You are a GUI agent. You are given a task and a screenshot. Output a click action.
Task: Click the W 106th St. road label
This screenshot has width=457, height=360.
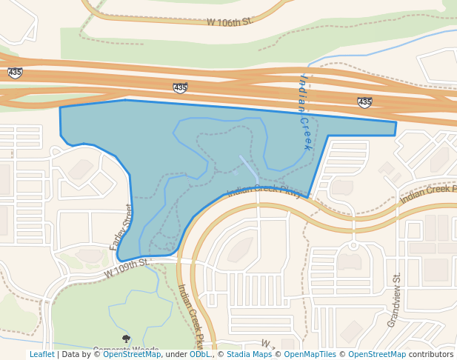[x=230, y=21]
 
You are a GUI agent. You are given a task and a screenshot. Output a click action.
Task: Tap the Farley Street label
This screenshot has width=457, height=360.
[x=121, y=227]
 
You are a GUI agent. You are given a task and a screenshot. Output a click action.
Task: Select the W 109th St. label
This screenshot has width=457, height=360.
[x=127, y=267]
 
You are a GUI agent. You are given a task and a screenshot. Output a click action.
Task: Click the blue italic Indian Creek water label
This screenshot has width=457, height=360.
[x=304, y=112]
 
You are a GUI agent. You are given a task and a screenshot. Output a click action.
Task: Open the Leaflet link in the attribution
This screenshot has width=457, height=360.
[x=41, y=355]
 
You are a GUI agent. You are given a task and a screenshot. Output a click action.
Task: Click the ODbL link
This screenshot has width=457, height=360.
[x=200, y=355]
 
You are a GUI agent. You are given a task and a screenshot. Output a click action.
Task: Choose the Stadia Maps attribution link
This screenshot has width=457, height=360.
[x=249, y=355]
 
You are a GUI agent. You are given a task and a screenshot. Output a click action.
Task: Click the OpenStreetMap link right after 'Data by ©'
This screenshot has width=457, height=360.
[x=132, y=355]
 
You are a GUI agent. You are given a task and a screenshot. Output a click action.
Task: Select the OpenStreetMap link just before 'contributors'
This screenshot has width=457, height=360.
[x=377, y=355]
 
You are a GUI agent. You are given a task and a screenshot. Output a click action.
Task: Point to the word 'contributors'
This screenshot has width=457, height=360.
[x=431, y=355]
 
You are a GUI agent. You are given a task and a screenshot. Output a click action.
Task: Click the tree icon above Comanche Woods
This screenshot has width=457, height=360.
[x=126, y=339]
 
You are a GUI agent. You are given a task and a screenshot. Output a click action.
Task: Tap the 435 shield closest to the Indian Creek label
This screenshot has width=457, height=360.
[x=364, y=102]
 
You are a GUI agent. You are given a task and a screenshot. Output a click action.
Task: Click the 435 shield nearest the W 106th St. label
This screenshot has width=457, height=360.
[x=180, y=88]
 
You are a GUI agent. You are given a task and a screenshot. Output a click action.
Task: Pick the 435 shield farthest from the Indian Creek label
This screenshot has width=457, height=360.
[x=15, y=73]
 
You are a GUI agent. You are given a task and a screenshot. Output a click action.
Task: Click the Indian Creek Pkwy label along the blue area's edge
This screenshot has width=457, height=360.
[x=264, y=190]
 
